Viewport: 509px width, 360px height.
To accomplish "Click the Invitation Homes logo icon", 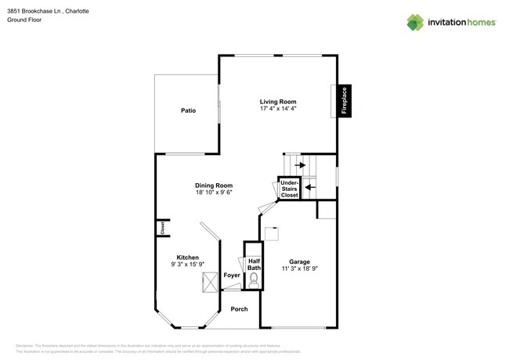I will point(415,22).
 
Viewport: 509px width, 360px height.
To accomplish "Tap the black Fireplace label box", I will point(344,100).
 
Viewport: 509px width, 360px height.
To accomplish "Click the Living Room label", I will point(277,101).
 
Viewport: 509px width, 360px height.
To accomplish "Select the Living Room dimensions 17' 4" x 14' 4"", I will point(277,109).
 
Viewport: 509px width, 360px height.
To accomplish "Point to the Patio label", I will point(188,111).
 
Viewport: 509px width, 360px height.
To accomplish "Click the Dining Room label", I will point(214,185).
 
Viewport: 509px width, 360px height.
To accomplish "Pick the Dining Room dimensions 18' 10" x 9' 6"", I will point(214,193).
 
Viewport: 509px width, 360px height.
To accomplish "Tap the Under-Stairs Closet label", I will point(289,189).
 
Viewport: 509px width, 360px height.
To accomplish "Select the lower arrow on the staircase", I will point(309,187).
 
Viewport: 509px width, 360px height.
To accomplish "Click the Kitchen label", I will point(187,257).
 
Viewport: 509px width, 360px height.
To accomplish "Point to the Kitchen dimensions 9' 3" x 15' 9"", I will point(187,265).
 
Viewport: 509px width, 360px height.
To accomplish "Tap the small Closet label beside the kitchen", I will point(163,228).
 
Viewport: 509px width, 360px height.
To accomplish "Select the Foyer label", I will point(232,275).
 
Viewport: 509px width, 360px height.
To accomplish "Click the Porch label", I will point(239,309).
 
